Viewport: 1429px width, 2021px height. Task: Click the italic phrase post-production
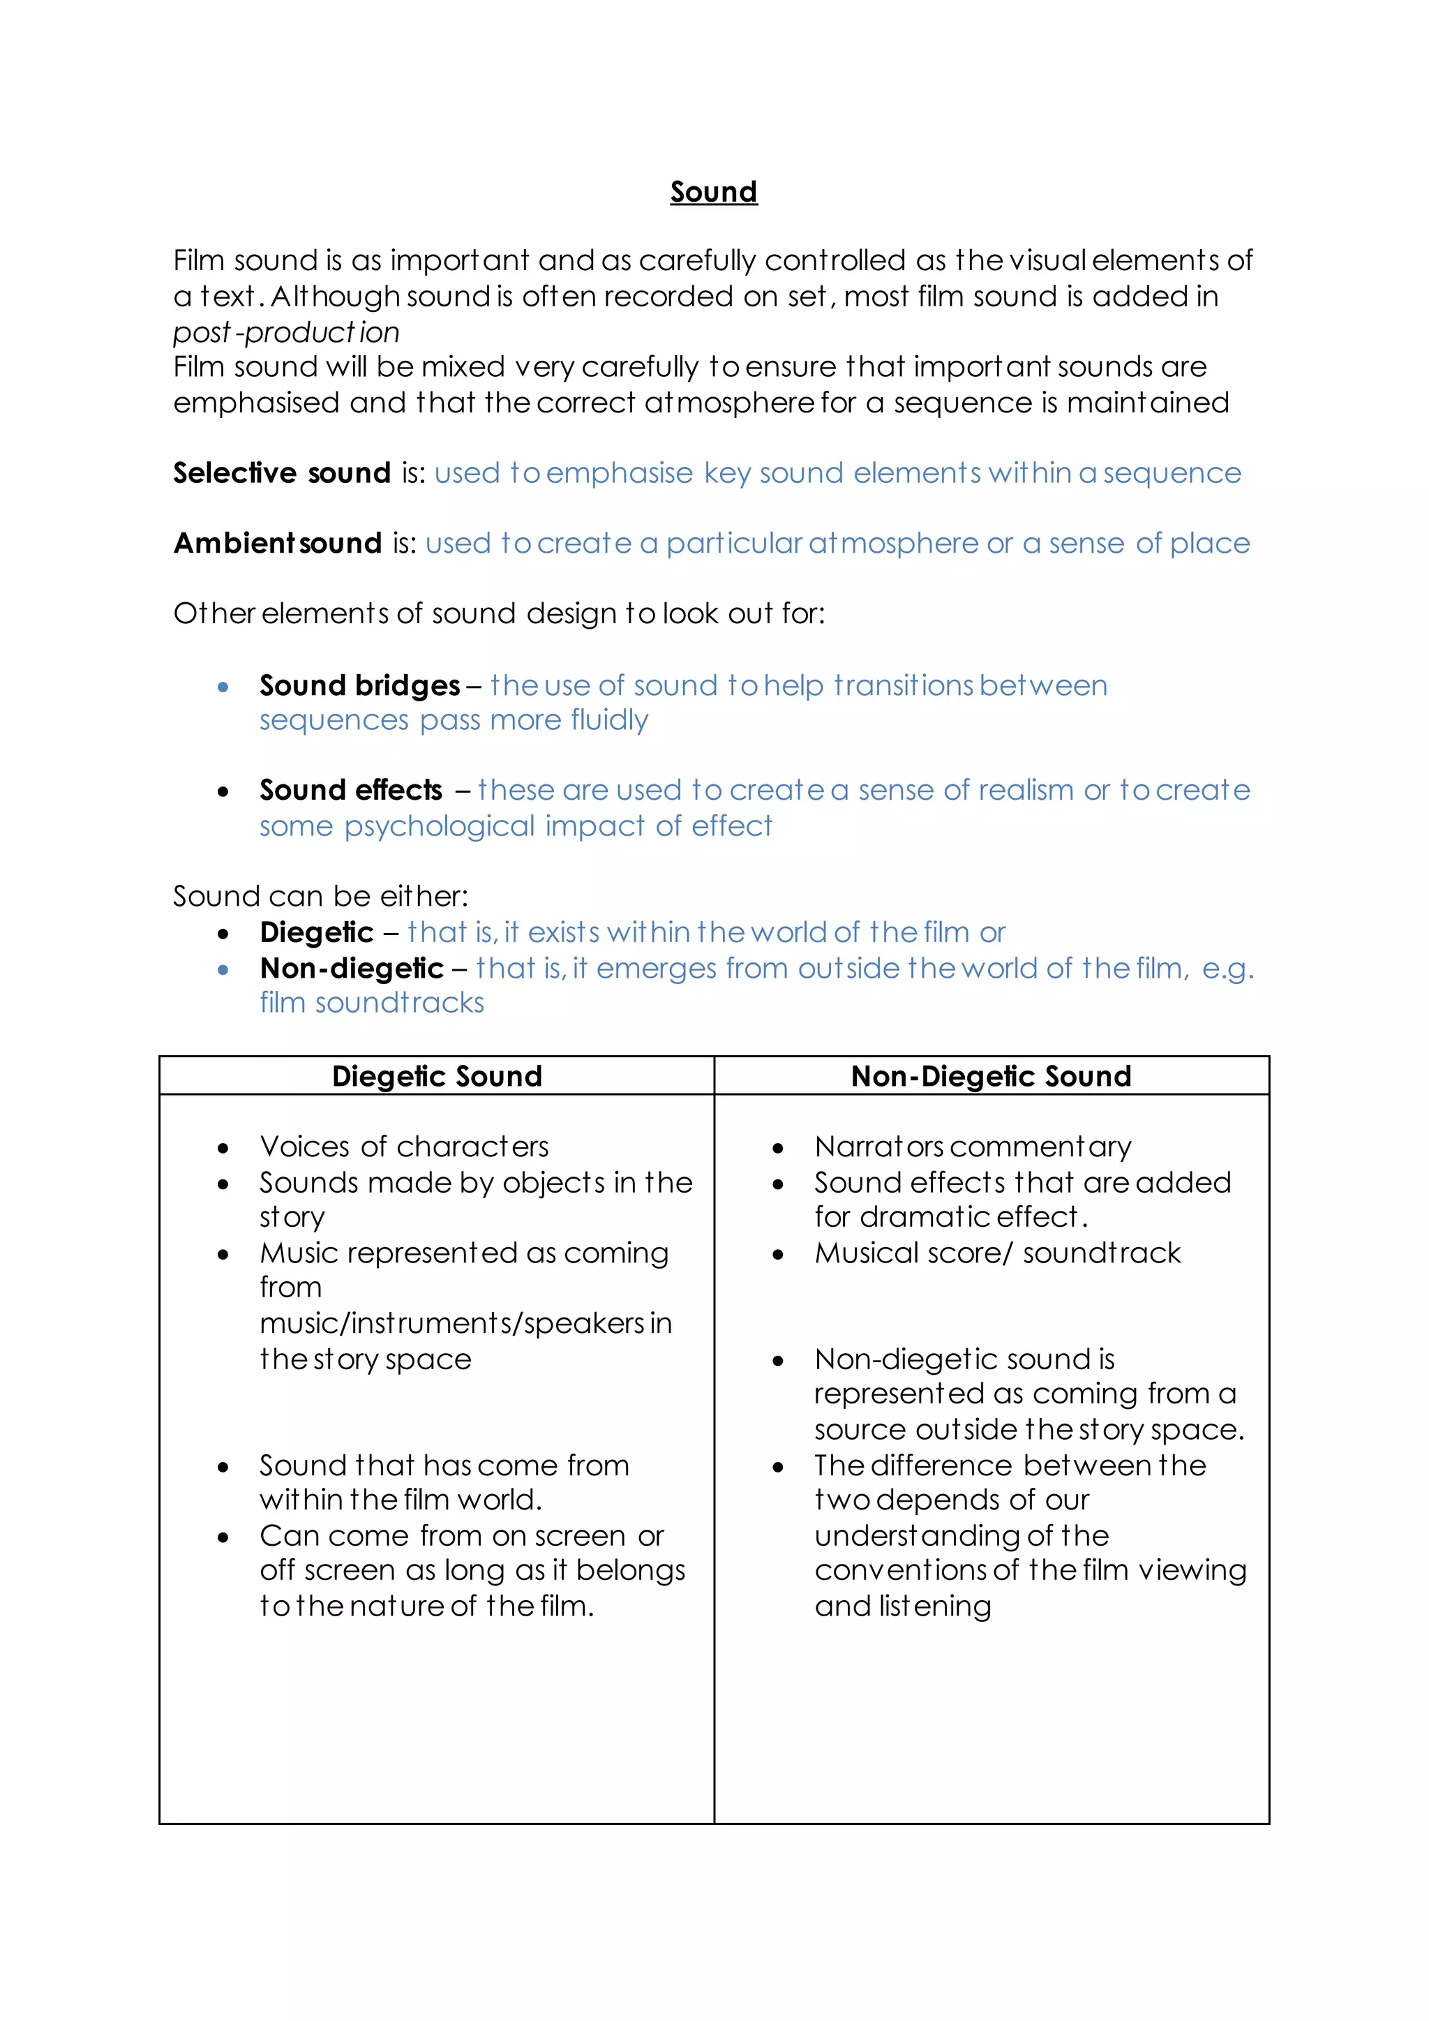point(286,333)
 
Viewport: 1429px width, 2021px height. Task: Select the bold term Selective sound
point(282,474)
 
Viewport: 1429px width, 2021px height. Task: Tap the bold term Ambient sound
point(277,544)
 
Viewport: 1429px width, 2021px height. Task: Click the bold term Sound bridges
point(359,686)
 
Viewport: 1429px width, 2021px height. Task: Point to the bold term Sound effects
point(350,791)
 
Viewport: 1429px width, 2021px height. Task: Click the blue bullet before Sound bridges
point(223,687)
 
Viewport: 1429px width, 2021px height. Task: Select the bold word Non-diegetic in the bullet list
point(351,968)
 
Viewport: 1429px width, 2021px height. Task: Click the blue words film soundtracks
point(371,1004)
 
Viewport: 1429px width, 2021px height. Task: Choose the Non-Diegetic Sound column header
point(991,1077)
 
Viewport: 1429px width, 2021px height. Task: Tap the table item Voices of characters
point(404,1147)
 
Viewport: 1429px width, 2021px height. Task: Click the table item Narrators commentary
point(972,1147)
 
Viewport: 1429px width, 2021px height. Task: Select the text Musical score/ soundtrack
point(997,1253)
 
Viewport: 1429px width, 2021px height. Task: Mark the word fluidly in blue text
point(609,721)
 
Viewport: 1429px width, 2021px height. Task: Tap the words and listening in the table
point(902,1606)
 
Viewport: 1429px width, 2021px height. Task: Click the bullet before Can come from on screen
point(223,1538)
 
